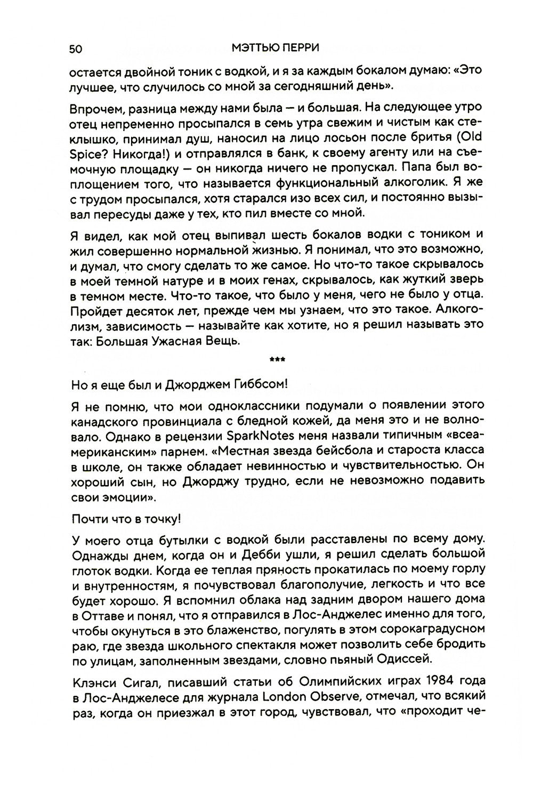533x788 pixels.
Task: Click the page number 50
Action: [75, 49]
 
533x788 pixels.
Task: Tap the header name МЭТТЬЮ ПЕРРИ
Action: [276, 49]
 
